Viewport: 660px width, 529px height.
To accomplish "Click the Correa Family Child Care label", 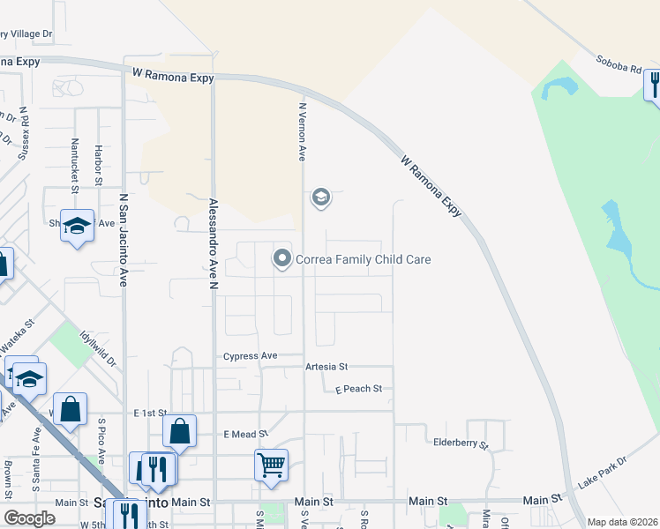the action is click(x=363, y=259).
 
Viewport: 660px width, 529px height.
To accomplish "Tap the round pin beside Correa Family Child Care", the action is click(x=282, y=258).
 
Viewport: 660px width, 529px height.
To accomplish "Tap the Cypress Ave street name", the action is click(x=250, y=356).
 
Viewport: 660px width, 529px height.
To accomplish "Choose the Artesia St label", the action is click(x=326, y=367).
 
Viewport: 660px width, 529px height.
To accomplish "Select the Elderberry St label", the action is click(x=461, y=443).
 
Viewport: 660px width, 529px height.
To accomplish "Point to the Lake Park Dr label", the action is click(x=601, y=473).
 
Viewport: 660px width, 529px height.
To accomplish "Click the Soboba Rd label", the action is click(x=618, y=67).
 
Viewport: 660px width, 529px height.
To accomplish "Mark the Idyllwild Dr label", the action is click(x=96, y=348).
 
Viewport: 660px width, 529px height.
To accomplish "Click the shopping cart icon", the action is click(x=271, y=464).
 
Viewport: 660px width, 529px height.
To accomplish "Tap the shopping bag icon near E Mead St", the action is click(x=179, y=432).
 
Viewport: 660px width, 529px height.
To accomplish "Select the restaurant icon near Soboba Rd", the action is click(x=654, y=86).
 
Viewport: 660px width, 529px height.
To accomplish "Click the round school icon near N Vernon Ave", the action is click(x=320, y=198).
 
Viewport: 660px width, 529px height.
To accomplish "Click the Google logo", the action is click(x=29, y=518).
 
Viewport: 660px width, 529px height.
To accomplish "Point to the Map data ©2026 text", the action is click(x=622, y=522).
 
